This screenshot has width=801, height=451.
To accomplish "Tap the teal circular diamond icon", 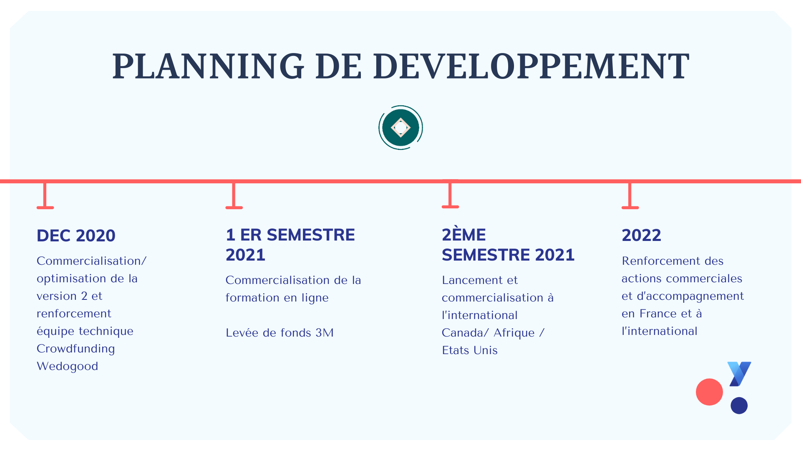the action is pyautogui.click(x=400, y=127).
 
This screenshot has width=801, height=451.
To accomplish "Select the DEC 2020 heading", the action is pyautogui.click(x=76, y=236).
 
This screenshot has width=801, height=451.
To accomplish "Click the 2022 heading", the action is pyautogui.click(x=641, y=235).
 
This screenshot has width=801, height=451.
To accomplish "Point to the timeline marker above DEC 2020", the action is pyautogui.click(x=45, y=195).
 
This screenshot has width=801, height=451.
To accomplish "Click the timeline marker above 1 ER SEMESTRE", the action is pyautogui.click(x=234, y=195).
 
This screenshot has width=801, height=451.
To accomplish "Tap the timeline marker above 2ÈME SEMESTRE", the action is pyautogui.click(x=450, y=194).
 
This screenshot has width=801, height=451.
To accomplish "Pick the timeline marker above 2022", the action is pyautogui.click(x=630, y=195).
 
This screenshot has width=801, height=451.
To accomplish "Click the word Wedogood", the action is pyautogui.click(x=68, y=366).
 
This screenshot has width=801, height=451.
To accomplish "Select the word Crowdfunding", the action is pyautogui.click(x=76, y=349).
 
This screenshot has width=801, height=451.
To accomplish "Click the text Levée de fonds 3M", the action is pyautogui.click(x=280, y=333).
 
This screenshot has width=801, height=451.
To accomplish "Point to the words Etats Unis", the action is pyautogui.click(x=470, y=350).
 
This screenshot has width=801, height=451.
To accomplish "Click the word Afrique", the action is pyautogui.click(x=514, y=333).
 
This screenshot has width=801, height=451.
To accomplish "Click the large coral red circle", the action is pyautogui.click(x=709, y=392).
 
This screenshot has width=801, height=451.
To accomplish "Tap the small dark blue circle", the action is pyautogui.click(x=739, y=405).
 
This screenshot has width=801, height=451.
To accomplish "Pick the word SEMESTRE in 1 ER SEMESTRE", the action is pyautogui.click(x=311, y=235).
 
